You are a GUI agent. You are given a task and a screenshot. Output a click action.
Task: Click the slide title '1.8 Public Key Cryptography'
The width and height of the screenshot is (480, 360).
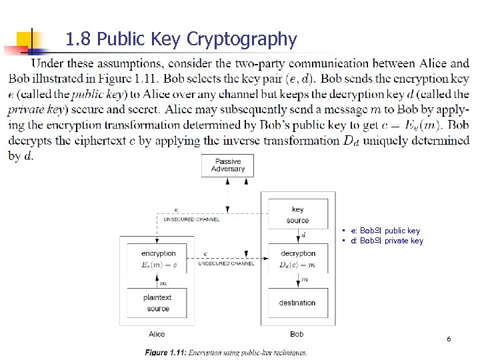pyautogui.click(x=181, y=39)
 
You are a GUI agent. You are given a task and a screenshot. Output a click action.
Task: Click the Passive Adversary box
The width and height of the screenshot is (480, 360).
pyautogui.click(x=228, y=165)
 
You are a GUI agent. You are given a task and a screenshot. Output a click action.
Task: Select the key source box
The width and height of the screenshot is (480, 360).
pyautogui.click(x=297, y=215)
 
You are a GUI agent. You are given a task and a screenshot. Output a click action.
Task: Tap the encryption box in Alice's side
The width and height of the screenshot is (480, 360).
pyautogui.click(x=159, y=259)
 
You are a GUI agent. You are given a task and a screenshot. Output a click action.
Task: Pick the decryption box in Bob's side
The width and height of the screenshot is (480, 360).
pyautogui.click(x=297, y=259)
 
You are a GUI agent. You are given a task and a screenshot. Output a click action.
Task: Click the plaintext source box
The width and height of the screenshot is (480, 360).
pyautogui.click(x=158, y=303)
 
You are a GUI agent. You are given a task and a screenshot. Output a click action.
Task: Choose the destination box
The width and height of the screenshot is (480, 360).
pyautogui.click(x=297, y=303)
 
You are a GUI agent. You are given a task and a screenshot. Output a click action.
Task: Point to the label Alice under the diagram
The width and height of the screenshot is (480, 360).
pyautogui.click(x=157, y=334)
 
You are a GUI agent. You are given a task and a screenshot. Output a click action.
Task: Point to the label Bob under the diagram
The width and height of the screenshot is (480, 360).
pyautogui.click(x=297, y=334)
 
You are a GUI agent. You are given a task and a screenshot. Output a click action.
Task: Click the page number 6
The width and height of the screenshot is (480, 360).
pyautogui.click(x=449, y=339)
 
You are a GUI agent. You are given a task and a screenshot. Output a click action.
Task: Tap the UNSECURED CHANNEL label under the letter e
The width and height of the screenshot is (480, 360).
pyautogui.click(x=191, y=219)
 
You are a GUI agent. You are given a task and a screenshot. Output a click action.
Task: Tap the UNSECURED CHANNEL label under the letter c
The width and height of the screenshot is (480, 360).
pyautogui.click(x=226, y=263)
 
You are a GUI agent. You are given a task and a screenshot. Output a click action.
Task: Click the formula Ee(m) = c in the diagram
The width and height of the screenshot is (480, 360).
pyautogui.click(x=159, y=265)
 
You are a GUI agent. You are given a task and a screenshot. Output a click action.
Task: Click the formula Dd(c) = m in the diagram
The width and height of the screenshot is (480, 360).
pyautogui.click(x=297, y=265)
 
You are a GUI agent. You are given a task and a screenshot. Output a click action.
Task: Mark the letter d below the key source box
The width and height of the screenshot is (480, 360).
pyautogui.click(x=304, y=235)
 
